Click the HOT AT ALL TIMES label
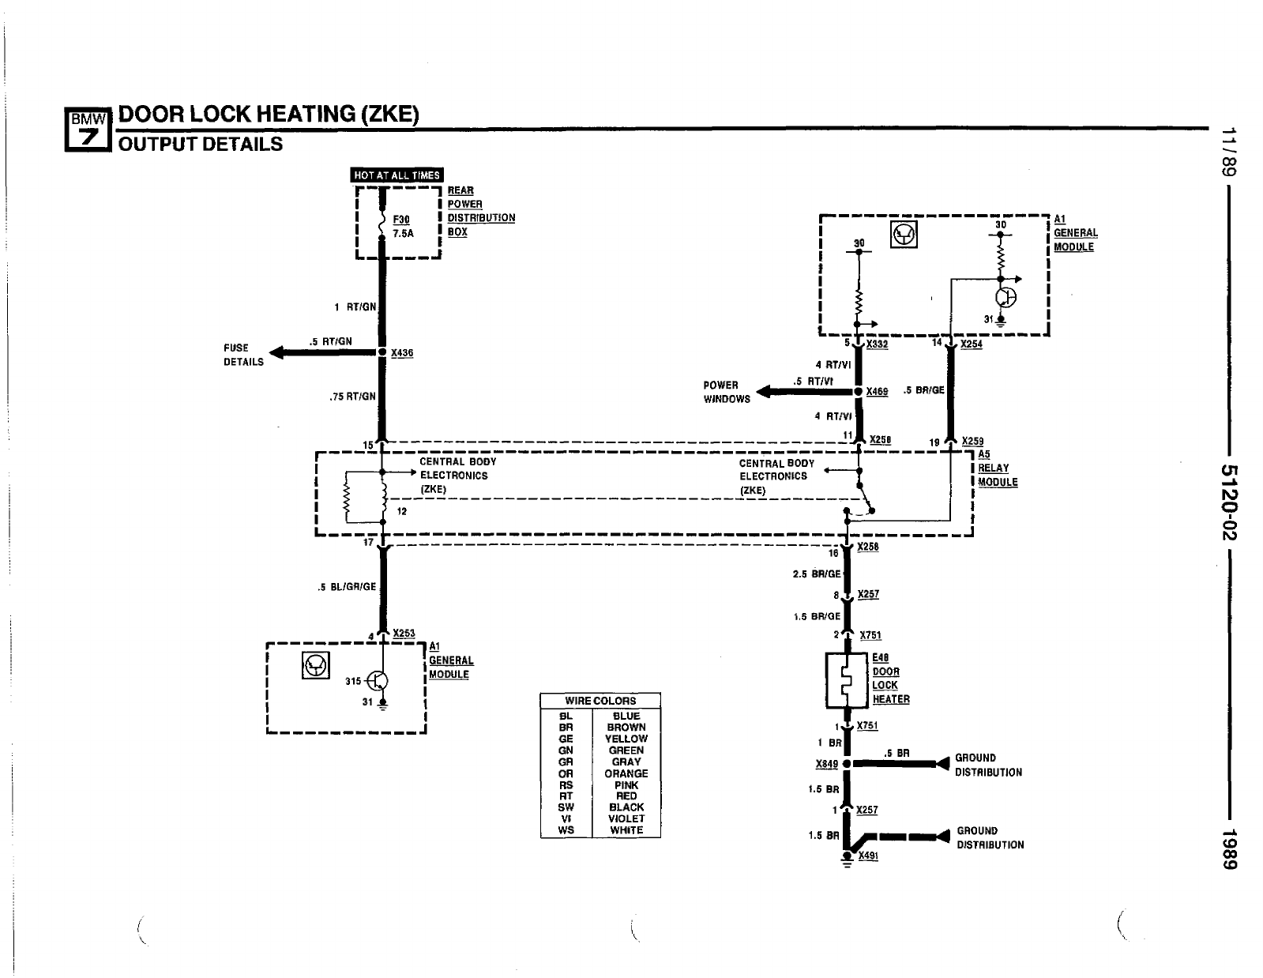point(397,175)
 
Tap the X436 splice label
point(402,353)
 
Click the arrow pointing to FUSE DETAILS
point(280,352)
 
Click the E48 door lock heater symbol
point(846,679)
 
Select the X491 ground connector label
point(868,856)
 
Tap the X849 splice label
point(826,764)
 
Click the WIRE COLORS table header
point(600,701)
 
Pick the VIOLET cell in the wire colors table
point(626,818)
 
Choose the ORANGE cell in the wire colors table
point(626,773)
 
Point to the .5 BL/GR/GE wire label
point(347,587)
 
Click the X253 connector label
point(404,634)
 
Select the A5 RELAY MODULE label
point(997,468)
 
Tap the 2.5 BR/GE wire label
point(816,574)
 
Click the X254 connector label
point(972,344)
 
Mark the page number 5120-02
point(1229,502)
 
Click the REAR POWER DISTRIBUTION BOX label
point(480,211)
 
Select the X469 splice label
point(877,392)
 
